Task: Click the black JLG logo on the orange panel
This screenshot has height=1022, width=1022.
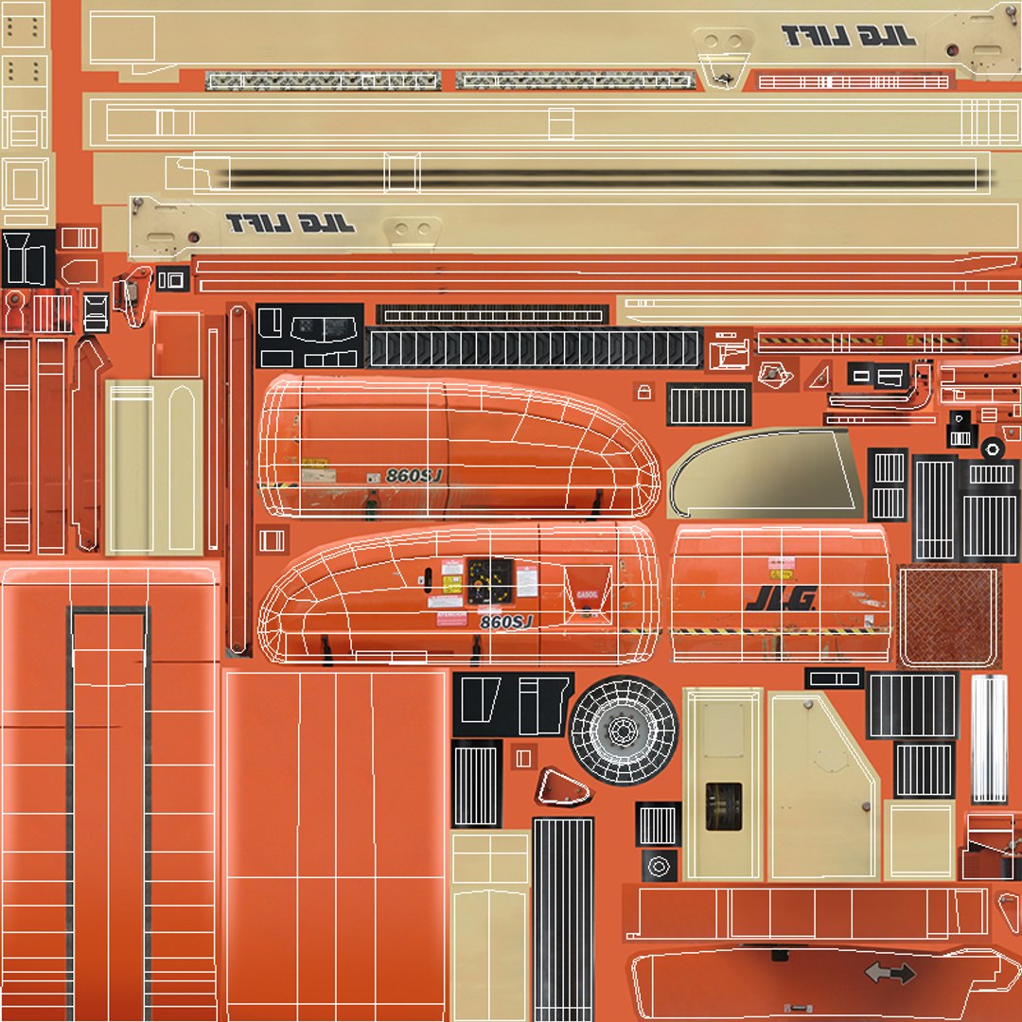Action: [782, 597]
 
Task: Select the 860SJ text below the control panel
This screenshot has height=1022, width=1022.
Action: [506, 622]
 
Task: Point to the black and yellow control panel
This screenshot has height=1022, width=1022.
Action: [490, 580]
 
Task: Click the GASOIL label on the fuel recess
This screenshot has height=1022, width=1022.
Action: [587, 594]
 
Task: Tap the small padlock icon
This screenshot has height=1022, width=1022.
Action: [644, 390]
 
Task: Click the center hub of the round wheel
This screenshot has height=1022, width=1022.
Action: [624, 731]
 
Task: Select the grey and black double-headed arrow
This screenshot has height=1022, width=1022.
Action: [890, 972]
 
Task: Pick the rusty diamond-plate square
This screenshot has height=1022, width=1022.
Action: [949, 615]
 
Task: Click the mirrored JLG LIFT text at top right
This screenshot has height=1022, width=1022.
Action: [849, 37]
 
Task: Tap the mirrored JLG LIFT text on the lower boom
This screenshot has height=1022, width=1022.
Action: [291, 224]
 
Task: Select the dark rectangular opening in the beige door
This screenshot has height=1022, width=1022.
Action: [723, 806]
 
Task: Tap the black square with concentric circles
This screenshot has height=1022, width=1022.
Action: [659, 865]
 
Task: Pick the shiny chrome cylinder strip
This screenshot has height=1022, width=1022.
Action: [989, 738]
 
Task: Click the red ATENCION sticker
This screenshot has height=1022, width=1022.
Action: [451, 617]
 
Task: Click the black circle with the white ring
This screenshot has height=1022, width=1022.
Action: [992, 449]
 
